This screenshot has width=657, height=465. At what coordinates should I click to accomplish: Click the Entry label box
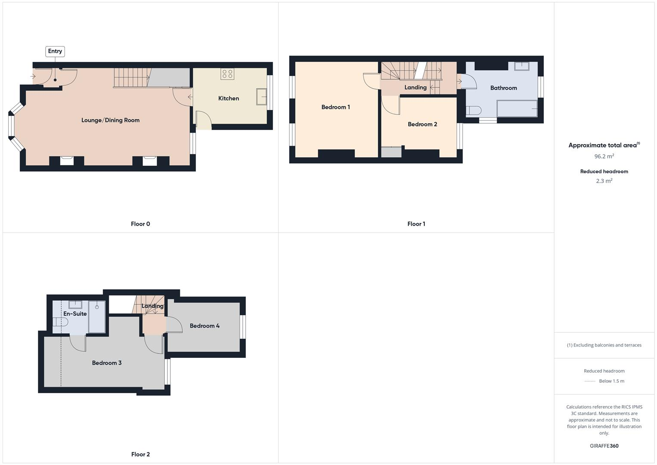pos(55,51)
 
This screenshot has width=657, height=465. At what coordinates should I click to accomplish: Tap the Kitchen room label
pos(228,99)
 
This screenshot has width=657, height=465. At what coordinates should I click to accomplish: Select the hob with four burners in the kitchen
pos(227,74)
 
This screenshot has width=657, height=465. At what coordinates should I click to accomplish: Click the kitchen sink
pos(261,96)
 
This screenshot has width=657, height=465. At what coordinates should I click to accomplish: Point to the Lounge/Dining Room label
pos(111,120)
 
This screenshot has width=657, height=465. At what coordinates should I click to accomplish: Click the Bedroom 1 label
pos(336,107)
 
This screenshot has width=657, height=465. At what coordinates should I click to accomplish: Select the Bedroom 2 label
pos(423,124)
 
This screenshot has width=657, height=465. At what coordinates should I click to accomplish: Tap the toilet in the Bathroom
pos(473,110)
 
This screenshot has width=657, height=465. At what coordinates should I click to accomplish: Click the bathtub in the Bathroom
pos(517,108)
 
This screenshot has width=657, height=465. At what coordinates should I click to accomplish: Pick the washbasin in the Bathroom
pos(521,66)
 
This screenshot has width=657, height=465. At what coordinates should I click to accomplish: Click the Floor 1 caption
pos(416,224)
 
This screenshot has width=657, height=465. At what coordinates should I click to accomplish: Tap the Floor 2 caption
pos(141,454)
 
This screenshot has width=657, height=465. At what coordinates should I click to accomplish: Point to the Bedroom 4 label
pos(205,326)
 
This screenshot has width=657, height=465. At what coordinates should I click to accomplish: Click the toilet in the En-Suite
pos(60,322)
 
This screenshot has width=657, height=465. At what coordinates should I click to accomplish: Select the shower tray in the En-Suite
pos(97,316)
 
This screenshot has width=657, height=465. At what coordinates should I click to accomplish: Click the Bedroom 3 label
pos(107,363)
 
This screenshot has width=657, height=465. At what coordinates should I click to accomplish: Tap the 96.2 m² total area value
pos(604,156)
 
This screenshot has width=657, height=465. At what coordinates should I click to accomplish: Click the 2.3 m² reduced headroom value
pos(604,181)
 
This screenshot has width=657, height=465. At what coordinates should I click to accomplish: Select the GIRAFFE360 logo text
pos(604,446)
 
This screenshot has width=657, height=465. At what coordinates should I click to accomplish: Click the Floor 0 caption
pos(141,224)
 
